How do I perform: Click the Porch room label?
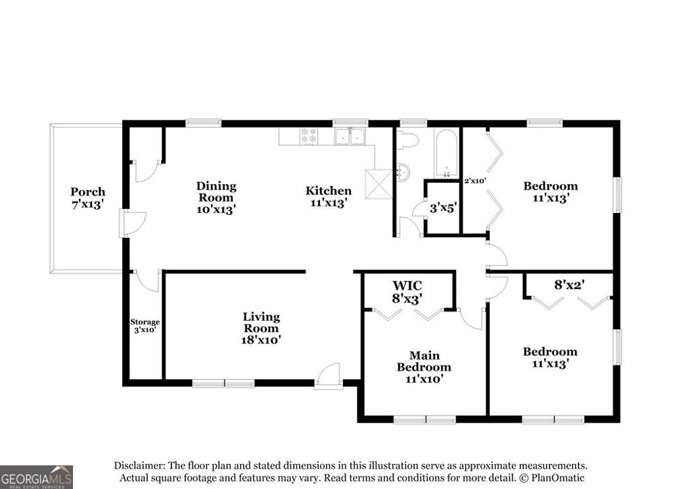click(87, 197)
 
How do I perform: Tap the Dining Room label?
click(216, 198)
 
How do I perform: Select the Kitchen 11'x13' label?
click(329, 197)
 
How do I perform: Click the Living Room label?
click(261, 328)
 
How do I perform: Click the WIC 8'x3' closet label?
click(407, 291)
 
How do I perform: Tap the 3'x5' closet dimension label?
click(443, 208)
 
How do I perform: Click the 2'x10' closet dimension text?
click(475, 181)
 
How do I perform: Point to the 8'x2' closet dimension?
click(569, 285)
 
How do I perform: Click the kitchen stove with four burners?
click(308, 136)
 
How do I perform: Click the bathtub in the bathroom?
click(446, 153)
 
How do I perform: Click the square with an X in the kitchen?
click(379, 184)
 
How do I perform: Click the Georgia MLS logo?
click(36, 477)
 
